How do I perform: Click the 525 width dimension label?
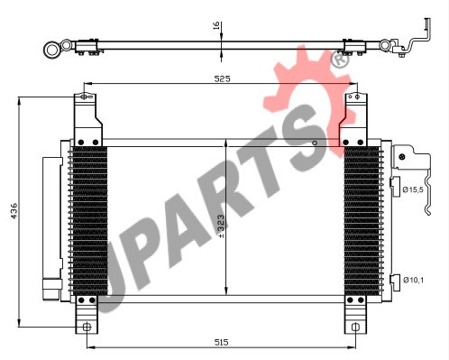click(222, 78)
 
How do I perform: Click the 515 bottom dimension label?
click(222, 342)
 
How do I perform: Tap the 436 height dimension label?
click(14, 211)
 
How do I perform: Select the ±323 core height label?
click(221, 226)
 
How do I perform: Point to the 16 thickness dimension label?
click(216, 26)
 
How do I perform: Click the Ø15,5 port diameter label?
click(413, 189)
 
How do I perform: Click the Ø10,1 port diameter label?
click(413, 280)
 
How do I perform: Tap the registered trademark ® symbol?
click(340, 60)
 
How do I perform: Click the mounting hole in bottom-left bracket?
click(87, 327)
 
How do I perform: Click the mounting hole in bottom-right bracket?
click(355, 327)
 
